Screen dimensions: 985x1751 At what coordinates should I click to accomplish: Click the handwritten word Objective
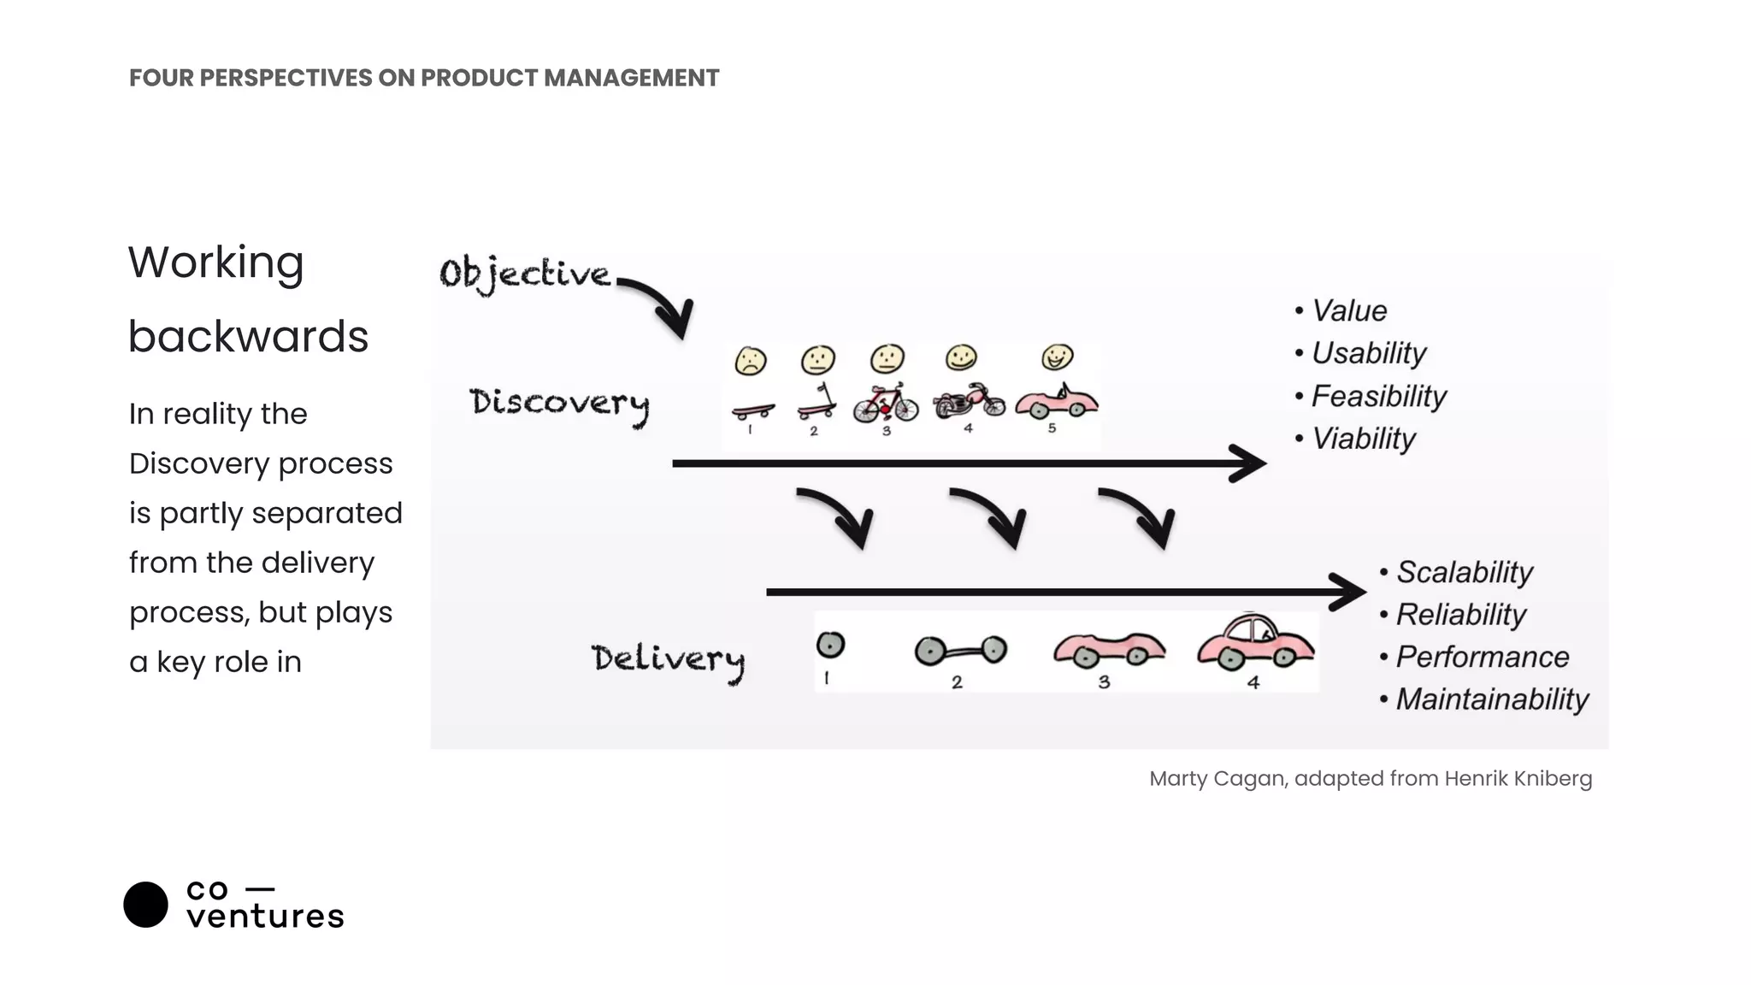(525, 274)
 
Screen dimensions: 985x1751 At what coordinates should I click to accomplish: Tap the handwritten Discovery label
(559, 404)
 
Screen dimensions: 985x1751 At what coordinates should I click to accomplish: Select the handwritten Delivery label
(668, 659)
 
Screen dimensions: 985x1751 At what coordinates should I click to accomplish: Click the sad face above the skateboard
(751, 362)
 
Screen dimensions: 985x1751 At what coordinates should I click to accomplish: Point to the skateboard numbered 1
(753, 411)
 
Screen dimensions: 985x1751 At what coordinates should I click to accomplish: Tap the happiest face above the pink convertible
(1058, 357)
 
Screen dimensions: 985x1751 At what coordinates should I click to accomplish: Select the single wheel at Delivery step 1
(830, 646)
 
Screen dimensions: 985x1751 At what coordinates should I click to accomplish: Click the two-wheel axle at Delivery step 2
(960, 652)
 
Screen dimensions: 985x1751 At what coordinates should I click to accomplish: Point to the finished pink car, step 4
(1255, 642)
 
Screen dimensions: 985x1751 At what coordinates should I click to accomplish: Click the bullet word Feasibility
(1378, 396)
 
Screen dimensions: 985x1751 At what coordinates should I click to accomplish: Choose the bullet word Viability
(1364, 439)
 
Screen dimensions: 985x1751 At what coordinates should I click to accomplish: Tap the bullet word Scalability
(1464, 572)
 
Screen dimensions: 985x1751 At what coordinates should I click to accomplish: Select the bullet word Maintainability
(1492, 699)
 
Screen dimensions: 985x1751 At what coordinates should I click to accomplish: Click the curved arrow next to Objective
(663, 304)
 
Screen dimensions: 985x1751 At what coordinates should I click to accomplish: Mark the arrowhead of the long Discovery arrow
(1250, 463)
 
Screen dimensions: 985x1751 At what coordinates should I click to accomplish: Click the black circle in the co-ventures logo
(145, 905)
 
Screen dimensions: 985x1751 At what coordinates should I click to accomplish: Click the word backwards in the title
(248, 336)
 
